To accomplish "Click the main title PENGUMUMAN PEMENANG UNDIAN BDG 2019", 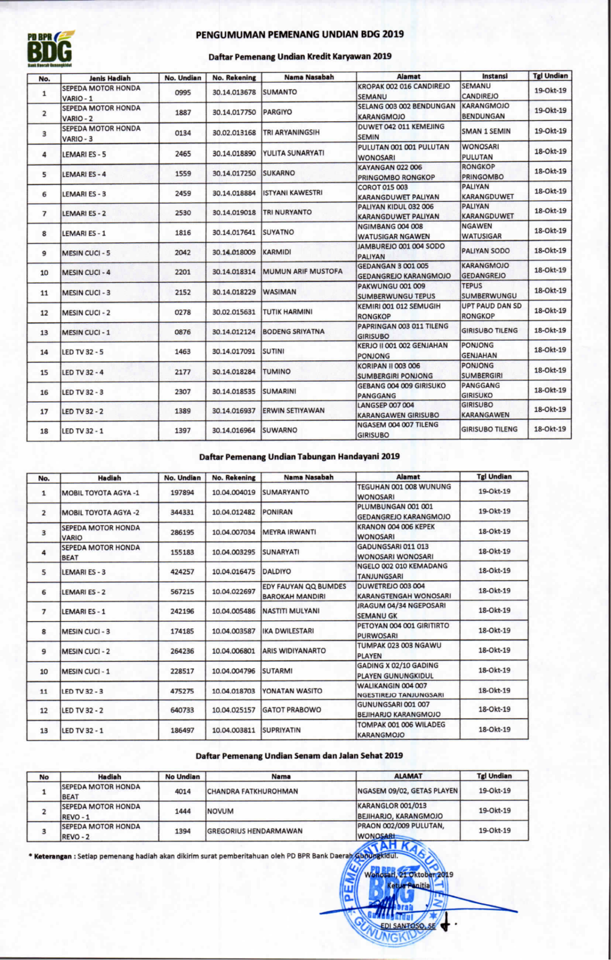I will (300, 34).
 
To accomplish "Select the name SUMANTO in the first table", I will (280, 92).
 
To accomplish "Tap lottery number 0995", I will (183, 92).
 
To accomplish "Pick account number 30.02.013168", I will (234, 133).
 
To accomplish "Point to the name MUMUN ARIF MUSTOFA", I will (303, 271).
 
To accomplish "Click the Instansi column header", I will (495, 76).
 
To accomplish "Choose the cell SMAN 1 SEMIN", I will (486, 131).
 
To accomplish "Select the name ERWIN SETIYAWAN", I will (294, 410).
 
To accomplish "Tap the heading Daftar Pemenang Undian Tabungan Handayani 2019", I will (299, 456).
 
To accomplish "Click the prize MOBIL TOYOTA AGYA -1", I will (100, 492).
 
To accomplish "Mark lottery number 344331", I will (182, 512).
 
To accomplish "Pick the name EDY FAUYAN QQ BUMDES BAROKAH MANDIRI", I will (304, 591).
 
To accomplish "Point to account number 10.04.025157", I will (233, 710).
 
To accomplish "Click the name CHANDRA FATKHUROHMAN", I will (253, 791).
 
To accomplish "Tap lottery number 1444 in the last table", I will (183, 811).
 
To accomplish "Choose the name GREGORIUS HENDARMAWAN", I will (255, 831).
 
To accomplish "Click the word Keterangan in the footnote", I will (53, 856).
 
